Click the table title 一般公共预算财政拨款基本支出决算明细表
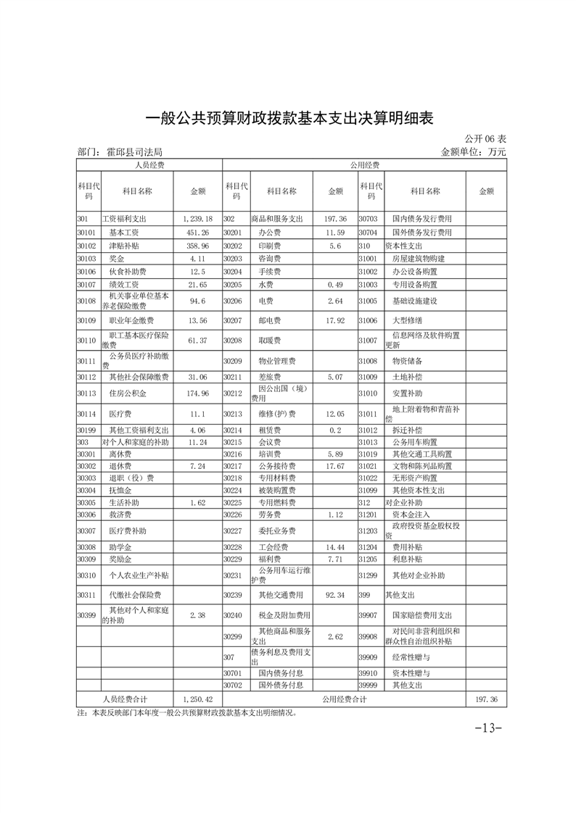289,118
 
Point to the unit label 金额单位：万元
473,152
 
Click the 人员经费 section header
149,165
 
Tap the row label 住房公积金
128,393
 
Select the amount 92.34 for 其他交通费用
335,595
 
